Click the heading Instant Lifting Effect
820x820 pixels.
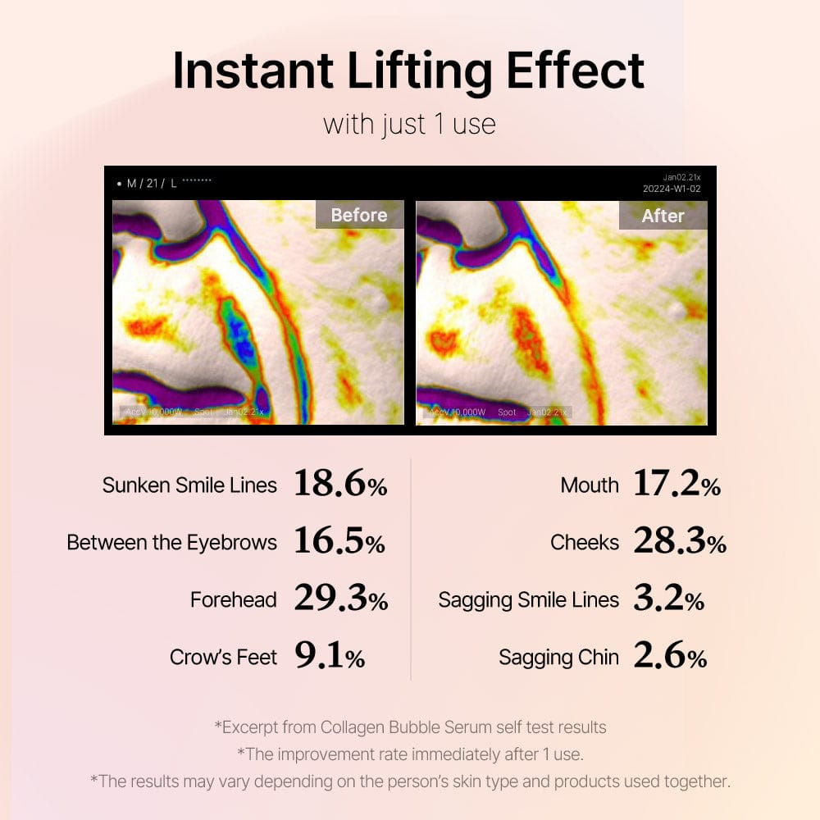[408, 71]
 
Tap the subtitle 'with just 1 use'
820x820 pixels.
[409, 125]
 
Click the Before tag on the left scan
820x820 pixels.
[359, 215]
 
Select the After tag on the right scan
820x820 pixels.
[663, 216]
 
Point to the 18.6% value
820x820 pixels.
[340, 485]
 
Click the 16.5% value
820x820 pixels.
[339, 542]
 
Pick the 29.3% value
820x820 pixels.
[340, 599]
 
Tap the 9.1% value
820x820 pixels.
[329, 657]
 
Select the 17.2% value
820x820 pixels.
[676, 485]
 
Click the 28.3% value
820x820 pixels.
[680, 542]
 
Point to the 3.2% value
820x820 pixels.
[668, 599]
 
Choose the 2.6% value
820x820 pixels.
[669, 657]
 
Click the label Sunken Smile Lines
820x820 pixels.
[189, 485]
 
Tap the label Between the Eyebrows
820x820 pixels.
[171, 543]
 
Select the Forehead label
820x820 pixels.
[234, 600]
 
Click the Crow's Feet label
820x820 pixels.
[223, 658]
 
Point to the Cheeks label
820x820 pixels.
[585, 543]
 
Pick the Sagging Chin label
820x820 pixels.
[558, 658]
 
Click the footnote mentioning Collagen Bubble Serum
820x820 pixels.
[410, 727]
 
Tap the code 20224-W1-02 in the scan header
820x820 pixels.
[672, 189]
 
